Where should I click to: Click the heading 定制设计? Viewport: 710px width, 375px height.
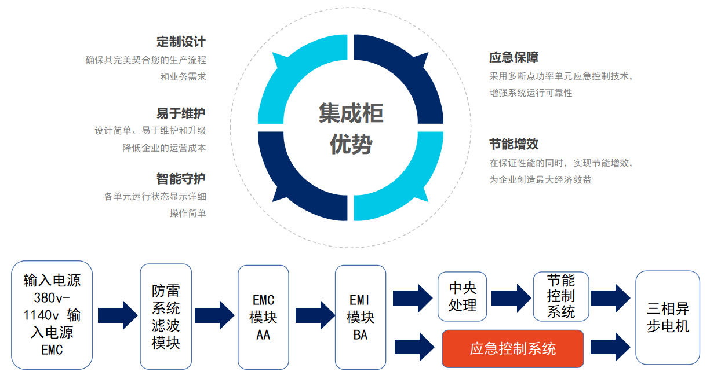(x=180, y=42)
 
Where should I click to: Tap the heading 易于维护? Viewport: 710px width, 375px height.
(x=180, y=113)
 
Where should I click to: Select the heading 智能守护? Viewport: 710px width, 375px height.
(x=180, y=179)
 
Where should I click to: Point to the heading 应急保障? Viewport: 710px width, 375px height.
(x=514, y=58)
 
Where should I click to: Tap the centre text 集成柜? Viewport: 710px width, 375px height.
(x=351, y=113)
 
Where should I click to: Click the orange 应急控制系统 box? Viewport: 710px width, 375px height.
(x=512, y=348)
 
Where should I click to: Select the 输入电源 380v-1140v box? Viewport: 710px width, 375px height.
(x=52, y=315)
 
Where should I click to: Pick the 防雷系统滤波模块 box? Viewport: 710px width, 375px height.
(x=166, y=316)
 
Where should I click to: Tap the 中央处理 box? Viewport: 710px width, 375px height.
(x=462, y=297)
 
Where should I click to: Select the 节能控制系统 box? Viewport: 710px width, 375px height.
(x=560, y=297)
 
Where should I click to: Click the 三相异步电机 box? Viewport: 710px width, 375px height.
(x=668, y=317)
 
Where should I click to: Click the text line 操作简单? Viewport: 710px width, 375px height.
(x=187, y=214)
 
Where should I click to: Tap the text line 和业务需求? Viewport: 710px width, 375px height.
(x=183, y=77)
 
